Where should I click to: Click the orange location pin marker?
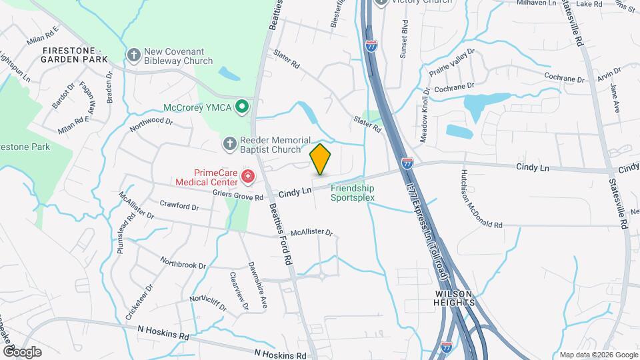pyautogui.click(x=321, y=159)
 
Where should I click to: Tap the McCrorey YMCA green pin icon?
pyautogui.click(x=243, y=107)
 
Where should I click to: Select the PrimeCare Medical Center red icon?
pyautogui.click(x=248, y=177)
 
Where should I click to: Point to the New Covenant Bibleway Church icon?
pyautogui.click(x=134, y=55)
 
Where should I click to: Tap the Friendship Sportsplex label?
pyautogui.click(x=353, y=193)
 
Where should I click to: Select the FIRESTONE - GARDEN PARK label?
pyautogui.click(x=74, y=55)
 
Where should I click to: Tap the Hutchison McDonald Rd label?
pyautogui.click(x=480, y=199)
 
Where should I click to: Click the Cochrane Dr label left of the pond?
pyautogui.click(x=454, y=87)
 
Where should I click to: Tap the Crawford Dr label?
pyautogui.click(x=179, y=205)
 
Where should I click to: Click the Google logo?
pyautogui.click(x=22, y=351)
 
